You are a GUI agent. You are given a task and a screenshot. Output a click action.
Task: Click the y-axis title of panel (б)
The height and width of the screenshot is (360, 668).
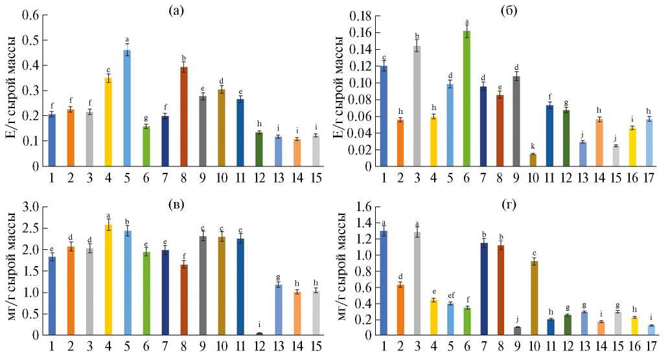[x=341, y=91]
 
